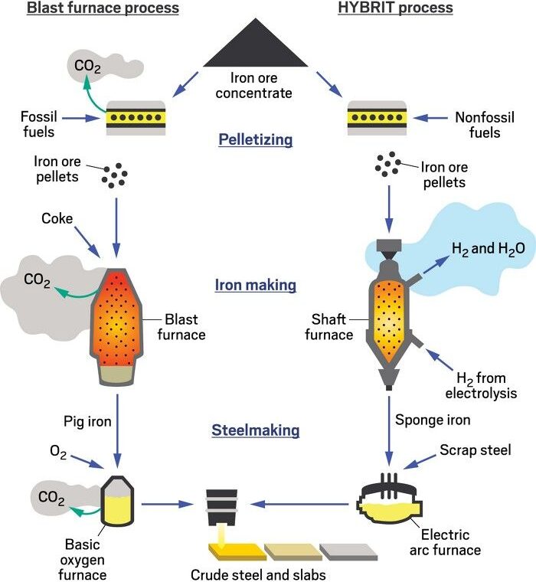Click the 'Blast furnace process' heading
click(x=103, y=8)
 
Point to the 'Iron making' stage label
click(x=255, y=286)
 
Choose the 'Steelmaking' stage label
click(x=255, y=431)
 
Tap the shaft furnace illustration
click(x=391, y=322)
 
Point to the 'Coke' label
click(x=58, y=219)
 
